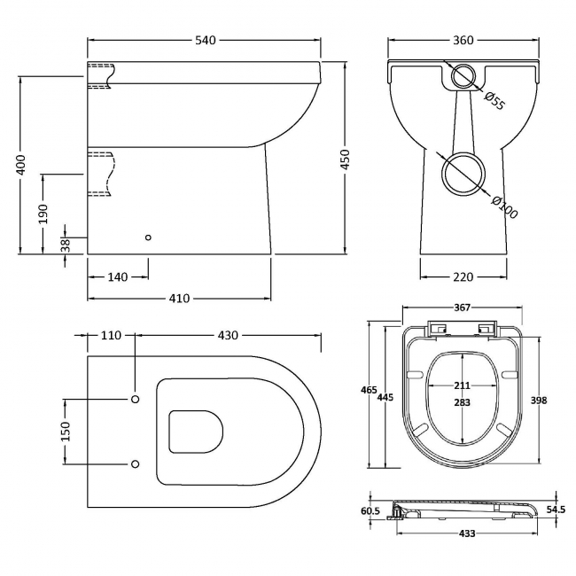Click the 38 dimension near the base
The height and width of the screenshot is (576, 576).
coord(65,245)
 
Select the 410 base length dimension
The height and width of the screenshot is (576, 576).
coord(178,299)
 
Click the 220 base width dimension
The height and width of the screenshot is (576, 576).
coord(463,277)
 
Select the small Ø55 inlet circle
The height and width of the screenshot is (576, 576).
coord(463,78)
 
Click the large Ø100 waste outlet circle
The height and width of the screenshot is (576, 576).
coord(463,173)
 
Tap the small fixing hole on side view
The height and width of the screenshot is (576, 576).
coord(148,237)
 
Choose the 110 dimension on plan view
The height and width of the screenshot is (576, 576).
coord(110,336)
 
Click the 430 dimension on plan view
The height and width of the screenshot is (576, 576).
coord(228,336)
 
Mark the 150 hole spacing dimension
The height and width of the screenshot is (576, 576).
coord(65,430)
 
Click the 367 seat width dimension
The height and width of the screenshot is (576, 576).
coord(463,309)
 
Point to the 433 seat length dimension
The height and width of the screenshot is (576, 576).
coord(467,533)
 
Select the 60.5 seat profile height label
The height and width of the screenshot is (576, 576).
coord(371,511)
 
